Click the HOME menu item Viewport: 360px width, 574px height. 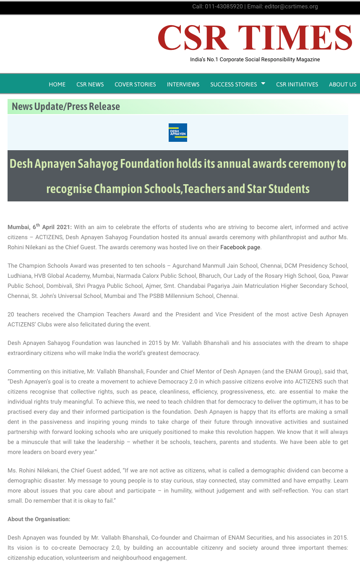click(x=57, y=84)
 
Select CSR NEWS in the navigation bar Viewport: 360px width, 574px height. click(x=90, y=84)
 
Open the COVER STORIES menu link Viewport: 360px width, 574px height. click(x=135, y=84)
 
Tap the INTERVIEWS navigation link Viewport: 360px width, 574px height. click(x=183, y=84)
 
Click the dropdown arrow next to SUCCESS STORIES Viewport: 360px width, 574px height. click(x=263, y=83)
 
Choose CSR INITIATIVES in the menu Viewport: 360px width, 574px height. click(x=297, y=84)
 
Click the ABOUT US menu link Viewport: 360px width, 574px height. click(x=342, y=84)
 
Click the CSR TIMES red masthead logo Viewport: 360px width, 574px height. click(x=255, y=38)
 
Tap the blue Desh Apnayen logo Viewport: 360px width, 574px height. click(x=177, y=133)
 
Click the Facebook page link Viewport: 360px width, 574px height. click(x=240, y=247)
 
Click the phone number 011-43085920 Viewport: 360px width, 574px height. click(x=224, y=6)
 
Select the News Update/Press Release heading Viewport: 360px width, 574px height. click(x=66, y=107)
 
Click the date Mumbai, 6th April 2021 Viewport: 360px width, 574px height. click(x=39, y=227)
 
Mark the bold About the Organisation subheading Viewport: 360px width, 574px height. click(x=39, y=519)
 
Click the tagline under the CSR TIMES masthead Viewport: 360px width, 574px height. click(x=255, y=60)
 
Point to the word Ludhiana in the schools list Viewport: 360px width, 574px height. click(x=18, y=276)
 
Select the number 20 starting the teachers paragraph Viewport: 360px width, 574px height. click(x=11, y=314)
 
